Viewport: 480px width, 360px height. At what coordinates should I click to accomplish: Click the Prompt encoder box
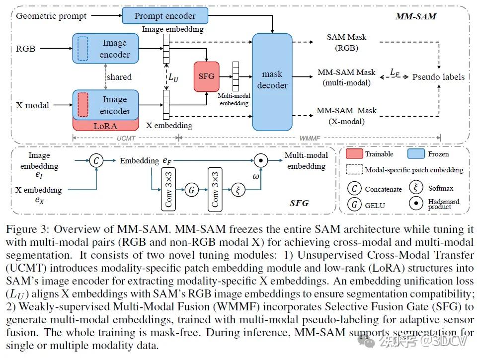tap(164, 16)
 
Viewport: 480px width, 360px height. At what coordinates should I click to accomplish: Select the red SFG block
tap(206, 76)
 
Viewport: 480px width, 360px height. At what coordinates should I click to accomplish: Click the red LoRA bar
tap(105, 126)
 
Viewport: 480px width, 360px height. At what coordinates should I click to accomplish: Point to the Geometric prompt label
tap(51, 16)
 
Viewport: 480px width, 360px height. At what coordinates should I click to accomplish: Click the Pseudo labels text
tap(438, 77)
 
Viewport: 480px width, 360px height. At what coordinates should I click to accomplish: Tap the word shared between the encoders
tap(119, 77)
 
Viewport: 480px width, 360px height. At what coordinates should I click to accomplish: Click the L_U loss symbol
tap(173, 77)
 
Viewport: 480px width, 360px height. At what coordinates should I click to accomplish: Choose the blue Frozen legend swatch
tap(416, 154)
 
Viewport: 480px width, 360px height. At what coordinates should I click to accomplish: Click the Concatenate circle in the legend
tap(354, 189)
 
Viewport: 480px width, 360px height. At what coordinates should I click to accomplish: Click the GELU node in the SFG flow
tap(190, 189)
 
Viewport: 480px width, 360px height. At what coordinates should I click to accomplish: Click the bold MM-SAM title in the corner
tap(415, 16)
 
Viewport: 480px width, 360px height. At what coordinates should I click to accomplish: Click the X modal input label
tap(33, 105)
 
